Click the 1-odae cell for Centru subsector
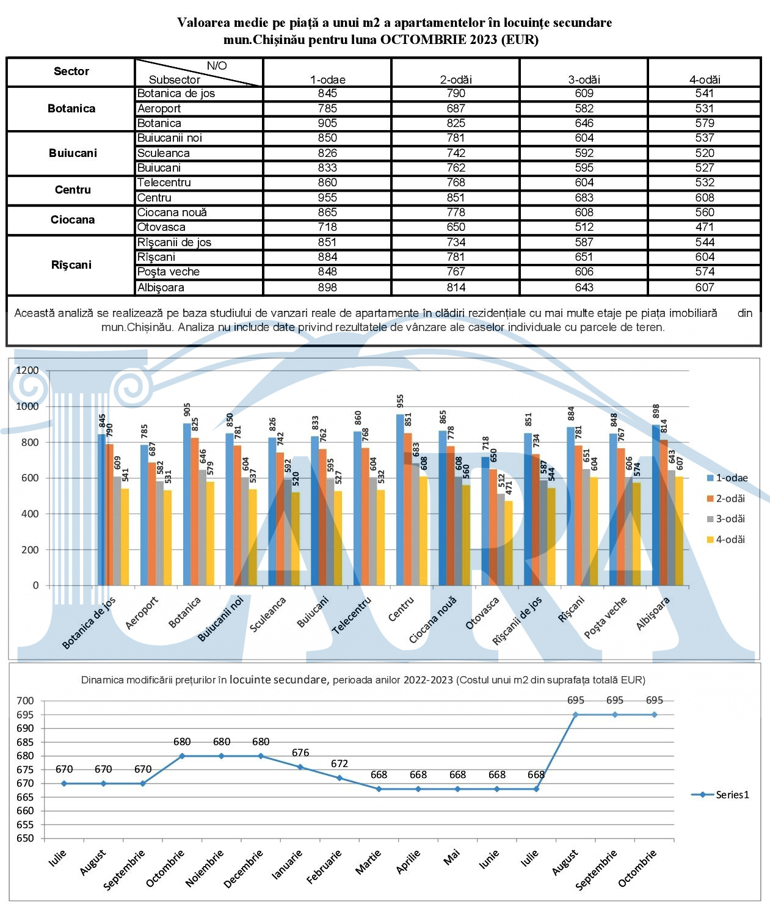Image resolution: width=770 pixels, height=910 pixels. [327, 198]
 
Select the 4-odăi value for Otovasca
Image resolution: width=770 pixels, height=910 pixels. [704, 227]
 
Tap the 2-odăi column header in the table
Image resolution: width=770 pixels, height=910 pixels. [456, 79]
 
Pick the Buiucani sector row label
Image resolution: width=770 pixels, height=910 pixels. [73, 153]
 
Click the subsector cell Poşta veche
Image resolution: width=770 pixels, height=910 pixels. [169, 272]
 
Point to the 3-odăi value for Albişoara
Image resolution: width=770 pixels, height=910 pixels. [584, 287]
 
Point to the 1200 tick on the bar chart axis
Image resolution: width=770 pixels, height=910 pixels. [27, 370]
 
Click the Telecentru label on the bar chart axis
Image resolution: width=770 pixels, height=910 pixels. [352, 616]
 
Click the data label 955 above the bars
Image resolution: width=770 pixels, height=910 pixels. [401, 401]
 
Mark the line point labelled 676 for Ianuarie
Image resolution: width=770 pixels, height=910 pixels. [300, 767]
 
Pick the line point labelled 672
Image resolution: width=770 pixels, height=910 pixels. [340, 778]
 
